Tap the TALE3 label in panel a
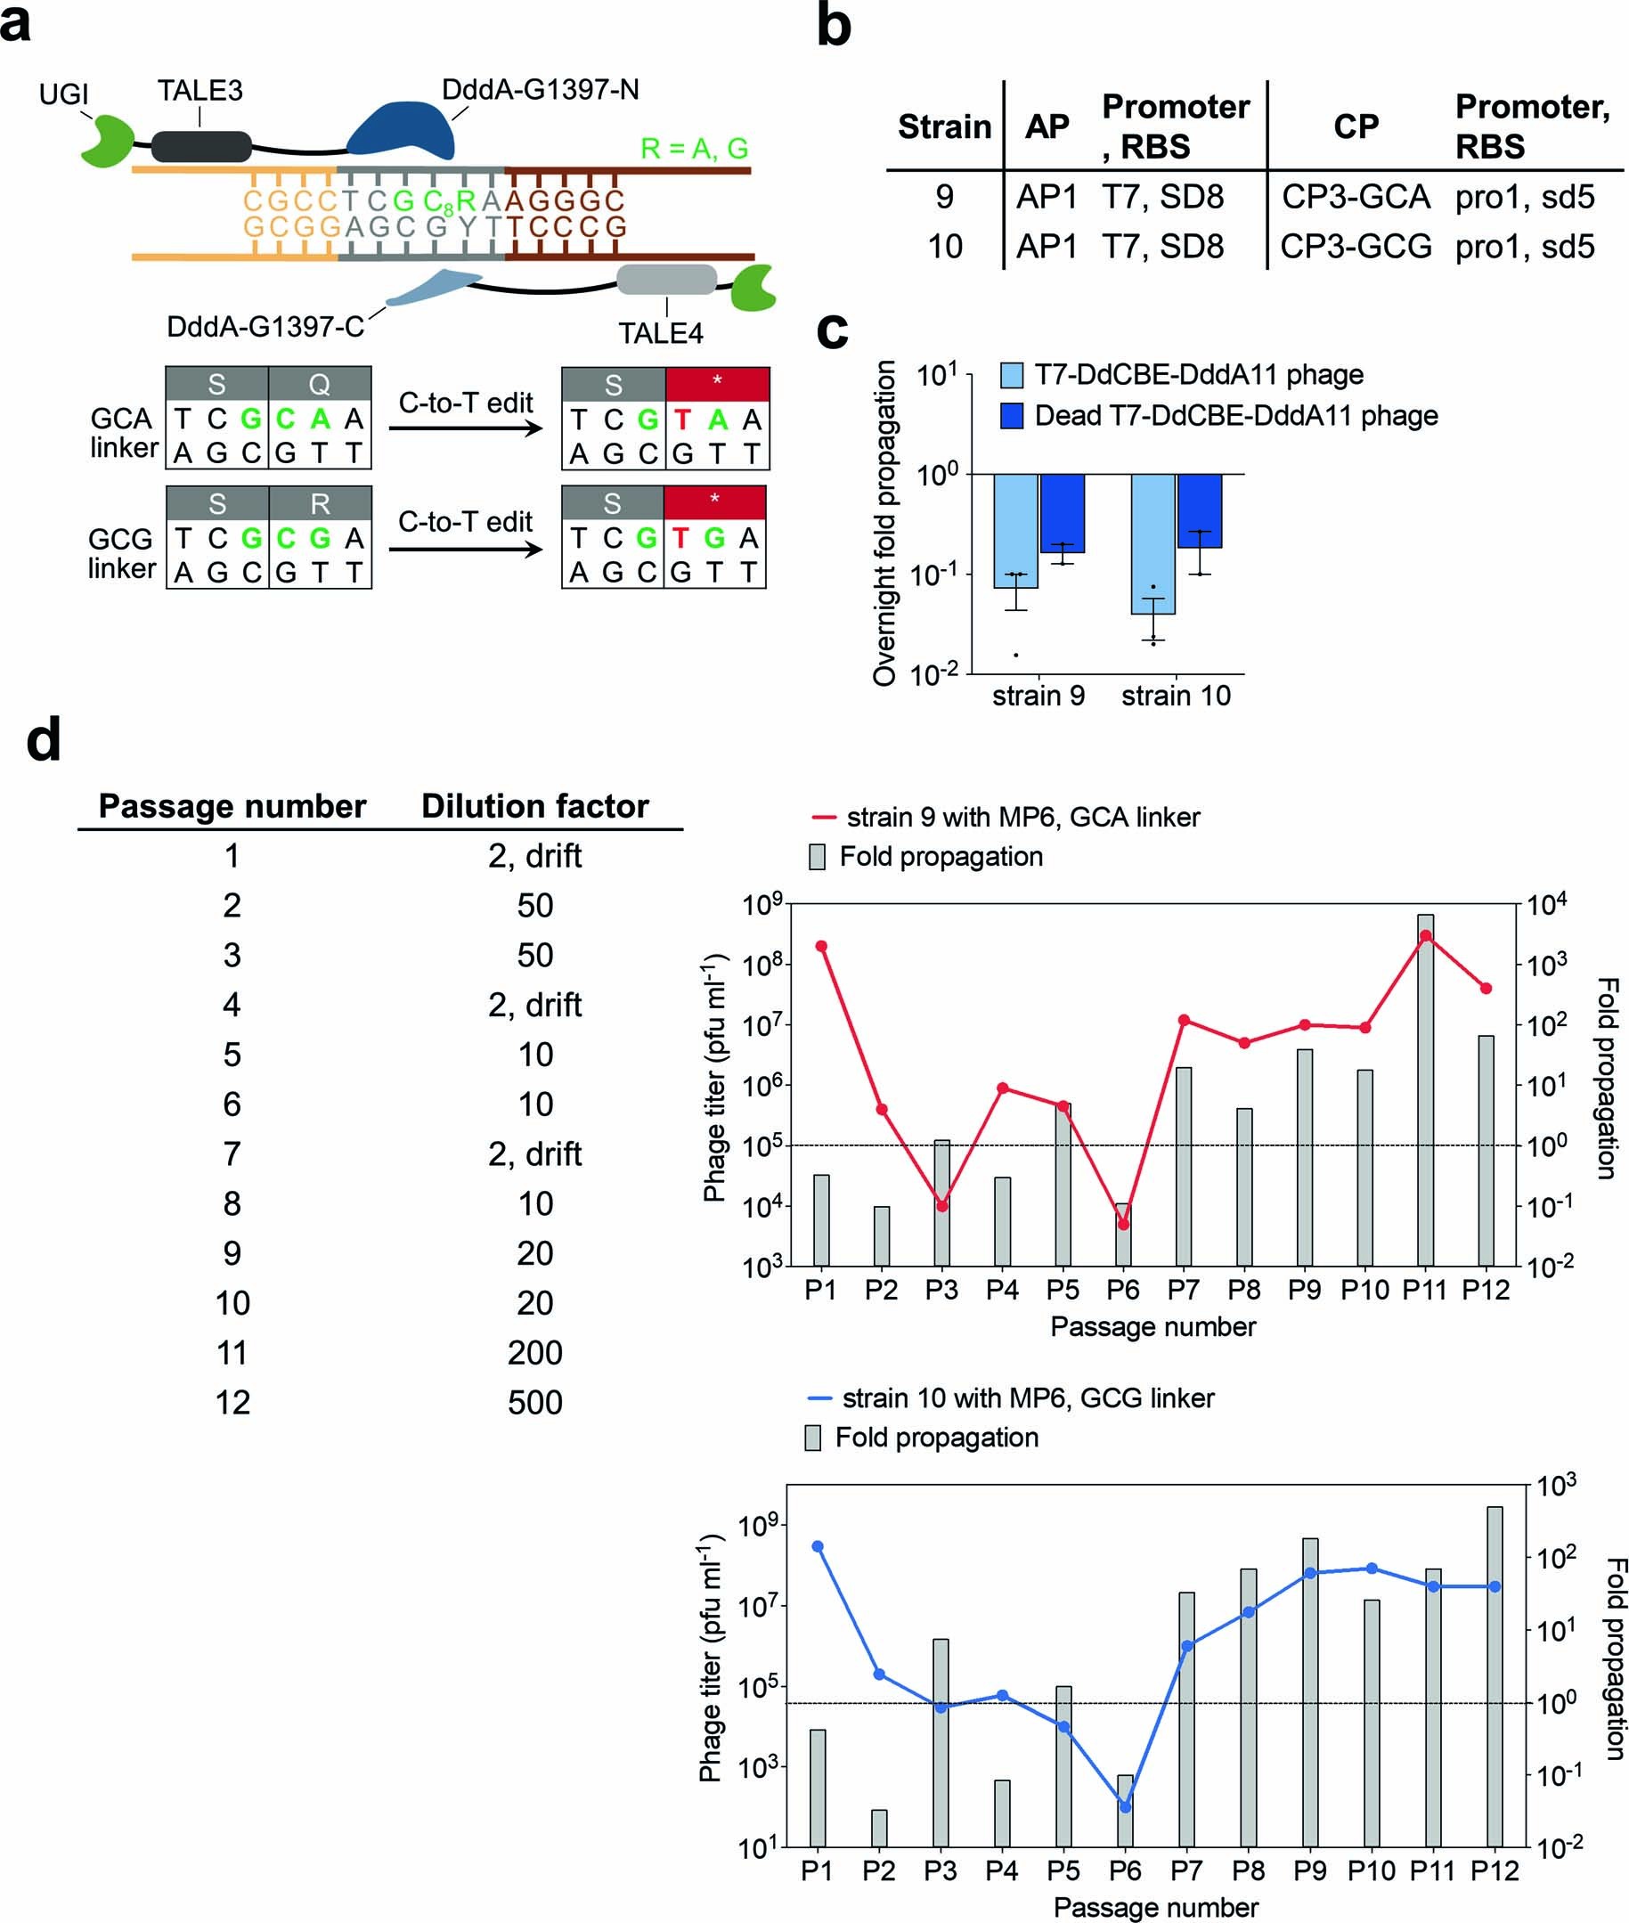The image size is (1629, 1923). click(x=200, y=92)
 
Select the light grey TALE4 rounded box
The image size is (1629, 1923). click(x=666, y=279)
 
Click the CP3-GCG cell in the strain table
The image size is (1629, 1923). click(x=1355, y=246)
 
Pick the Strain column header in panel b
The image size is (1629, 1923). click(x=944, y=126)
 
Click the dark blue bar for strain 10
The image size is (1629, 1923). click(x=1199, y=510)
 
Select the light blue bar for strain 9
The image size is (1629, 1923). click(x=1014, y=530)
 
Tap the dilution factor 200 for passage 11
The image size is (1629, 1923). click(x=534, y=1353)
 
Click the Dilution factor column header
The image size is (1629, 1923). click(x=534, y=806)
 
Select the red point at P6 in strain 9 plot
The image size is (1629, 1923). click(x=1123, y=1225)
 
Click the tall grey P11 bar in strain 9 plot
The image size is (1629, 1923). click(x=1425, y=1090)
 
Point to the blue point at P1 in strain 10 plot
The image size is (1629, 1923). click(x=818, y=1546)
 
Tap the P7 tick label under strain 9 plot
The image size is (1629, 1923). click(x=1183, y=1291)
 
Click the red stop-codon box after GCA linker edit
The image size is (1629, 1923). click(x=717, y=383)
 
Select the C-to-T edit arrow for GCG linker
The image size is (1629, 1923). click(x=466, y=550)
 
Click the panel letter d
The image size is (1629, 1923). click(x=44, y=740)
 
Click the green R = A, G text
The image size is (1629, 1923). click(x=695, y=148)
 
